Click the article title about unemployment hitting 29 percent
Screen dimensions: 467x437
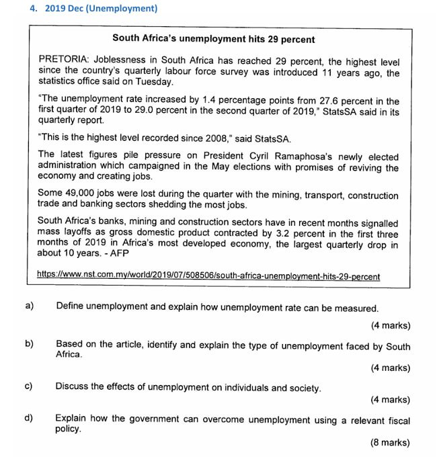[213, 39]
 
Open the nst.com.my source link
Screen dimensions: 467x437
[208, 275]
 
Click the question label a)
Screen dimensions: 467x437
[30, 307]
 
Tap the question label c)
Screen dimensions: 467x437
[29, 387]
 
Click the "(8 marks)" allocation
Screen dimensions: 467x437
[390, 443]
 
